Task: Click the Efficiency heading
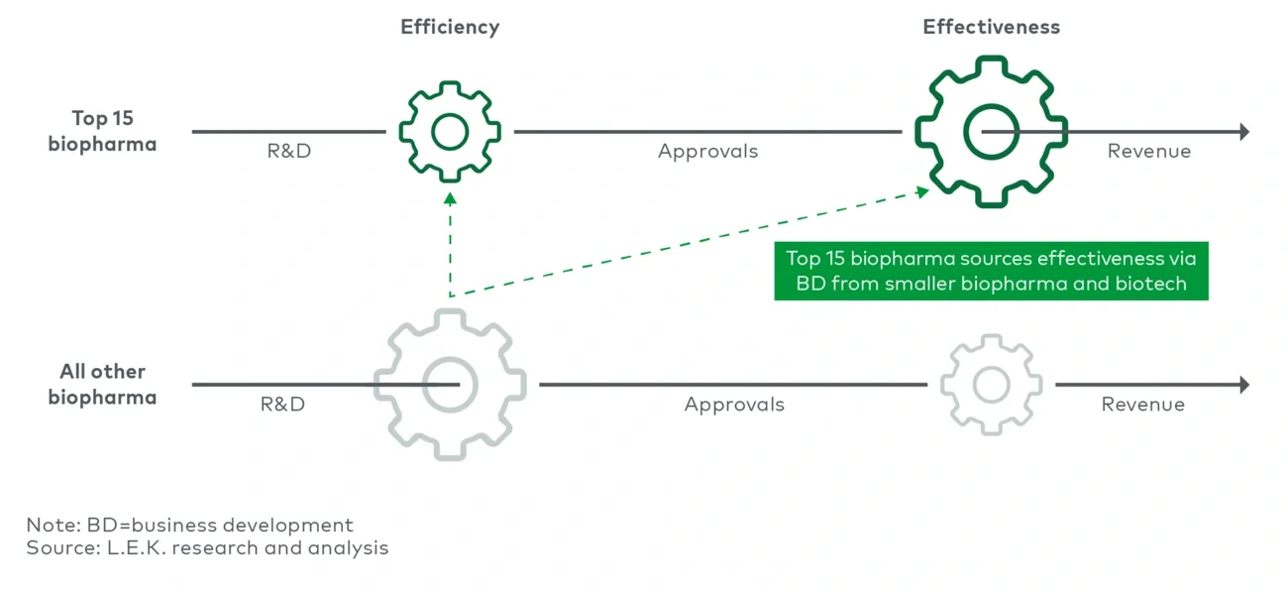coord(450,27)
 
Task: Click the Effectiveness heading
coord(991,27)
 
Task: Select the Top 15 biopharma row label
coord(102,131)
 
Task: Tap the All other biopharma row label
coord(102,385)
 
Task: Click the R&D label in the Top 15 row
coord(288,152)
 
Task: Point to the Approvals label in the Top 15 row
coord(707,152)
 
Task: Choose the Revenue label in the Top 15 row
coord(1148,152)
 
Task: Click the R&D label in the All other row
coord(282,405)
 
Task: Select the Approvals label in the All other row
coord(733,405)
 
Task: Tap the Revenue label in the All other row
coord(1142,405)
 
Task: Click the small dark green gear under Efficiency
coord(450,132)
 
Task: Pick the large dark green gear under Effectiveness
coord(991,132)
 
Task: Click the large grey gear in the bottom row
coord(450,384)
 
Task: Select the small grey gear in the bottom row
coord(991,384)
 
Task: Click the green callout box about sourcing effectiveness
coord(991,272)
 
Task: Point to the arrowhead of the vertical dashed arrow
coord(450,197)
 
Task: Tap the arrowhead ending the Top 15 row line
coord(1244,132)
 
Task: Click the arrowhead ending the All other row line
coord(1244,385)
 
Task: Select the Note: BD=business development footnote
coord(189,525)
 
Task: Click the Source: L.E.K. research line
coord(207,547)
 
